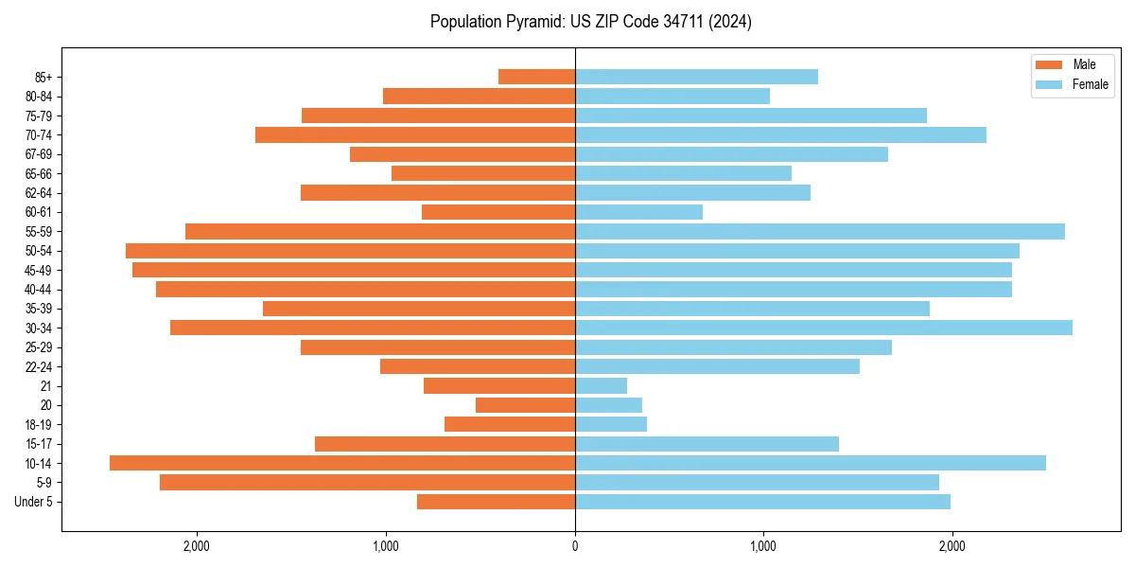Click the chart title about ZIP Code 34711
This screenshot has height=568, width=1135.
590,22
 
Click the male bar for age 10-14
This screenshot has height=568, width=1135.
342,463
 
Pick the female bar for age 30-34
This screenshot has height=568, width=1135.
823,328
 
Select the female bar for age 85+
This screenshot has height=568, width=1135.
696,77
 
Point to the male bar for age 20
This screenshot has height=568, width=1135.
525,405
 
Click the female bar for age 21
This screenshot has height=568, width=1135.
601,385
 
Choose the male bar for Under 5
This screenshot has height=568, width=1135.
496,502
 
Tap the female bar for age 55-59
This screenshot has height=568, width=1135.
819,231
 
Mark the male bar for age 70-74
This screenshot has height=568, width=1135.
415,134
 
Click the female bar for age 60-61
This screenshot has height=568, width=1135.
638,212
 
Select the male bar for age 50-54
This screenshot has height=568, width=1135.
350,251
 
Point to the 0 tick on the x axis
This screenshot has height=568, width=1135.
575,546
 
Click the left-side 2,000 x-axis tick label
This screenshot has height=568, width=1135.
197,546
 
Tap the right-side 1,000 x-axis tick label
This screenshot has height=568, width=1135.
763,546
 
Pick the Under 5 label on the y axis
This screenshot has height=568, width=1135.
33,502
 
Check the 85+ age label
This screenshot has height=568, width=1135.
44,77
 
